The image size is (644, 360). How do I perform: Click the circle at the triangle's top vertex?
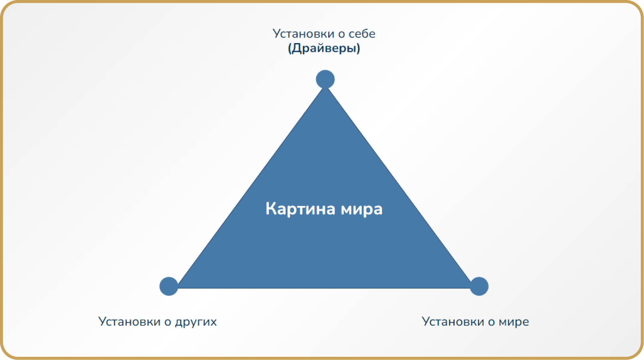point(325,79)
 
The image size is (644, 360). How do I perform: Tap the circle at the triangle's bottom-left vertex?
point(169,286)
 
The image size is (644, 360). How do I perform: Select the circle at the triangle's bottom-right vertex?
point(479,286)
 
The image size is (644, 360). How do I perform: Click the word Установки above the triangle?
point(303,34)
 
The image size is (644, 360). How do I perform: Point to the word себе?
point(362,34)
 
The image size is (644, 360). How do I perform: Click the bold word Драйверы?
point(324,48)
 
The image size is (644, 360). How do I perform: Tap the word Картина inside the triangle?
point(300,209)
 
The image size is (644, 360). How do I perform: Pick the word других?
point(196,322)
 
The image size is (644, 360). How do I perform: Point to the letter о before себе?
point(341,34)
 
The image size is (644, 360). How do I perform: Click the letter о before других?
point(168,322)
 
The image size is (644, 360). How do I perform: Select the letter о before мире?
point(491,322)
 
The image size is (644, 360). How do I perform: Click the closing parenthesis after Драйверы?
point(358,48)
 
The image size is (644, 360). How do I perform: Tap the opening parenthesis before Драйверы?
point(290,48)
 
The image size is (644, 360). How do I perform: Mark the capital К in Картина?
point(271,209)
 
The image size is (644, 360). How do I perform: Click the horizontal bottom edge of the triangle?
point(324,288)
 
